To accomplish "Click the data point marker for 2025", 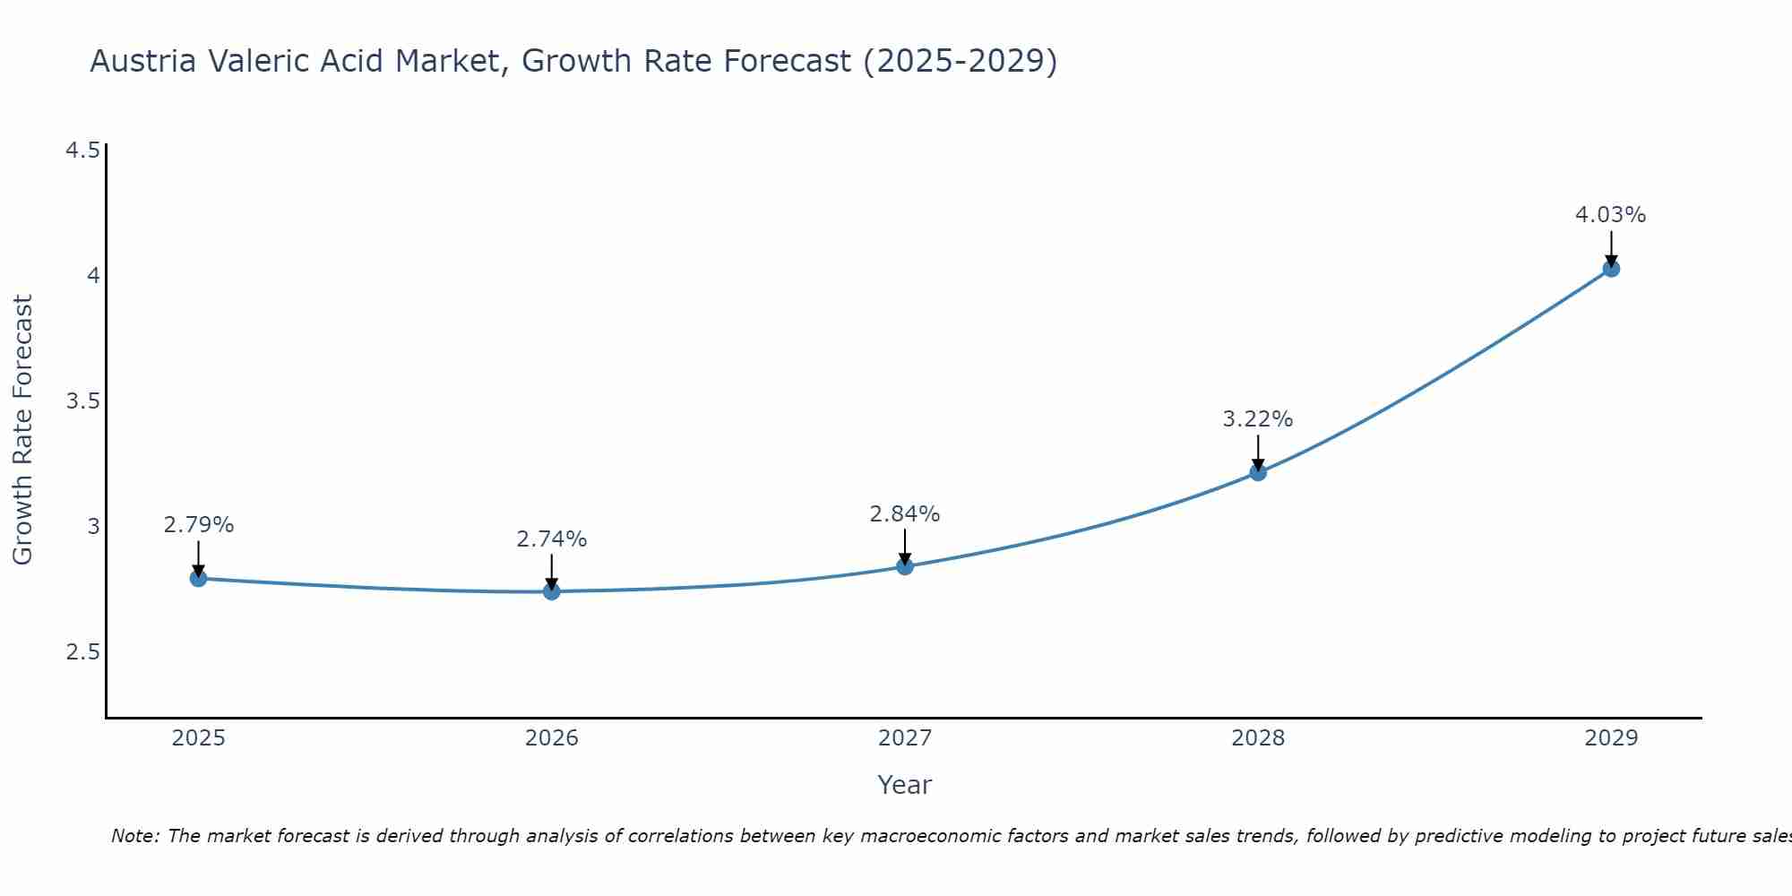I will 199,579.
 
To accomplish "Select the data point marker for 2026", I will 552,591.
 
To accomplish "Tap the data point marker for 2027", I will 905,566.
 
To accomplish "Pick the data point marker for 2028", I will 1258,472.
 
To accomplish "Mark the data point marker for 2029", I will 1611,269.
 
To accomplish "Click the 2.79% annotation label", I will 199,525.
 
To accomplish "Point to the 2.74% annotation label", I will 552,539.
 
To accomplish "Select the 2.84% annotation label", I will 905,514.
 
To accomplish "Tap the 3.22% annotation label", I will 1258,419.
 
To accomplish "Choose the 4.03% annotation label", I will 1611,215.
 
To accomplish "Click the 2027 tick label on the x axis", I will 905,738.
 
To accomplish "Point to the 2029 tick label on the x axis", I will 1611,738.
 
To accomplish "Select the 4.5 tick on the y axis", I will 82,150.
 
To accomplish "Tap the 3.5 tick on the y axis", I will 82,401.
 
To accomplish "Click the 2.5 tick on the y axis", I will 82,651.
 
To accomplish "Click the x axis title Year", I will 905,785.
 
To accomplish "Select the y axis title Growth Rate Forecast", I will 23,430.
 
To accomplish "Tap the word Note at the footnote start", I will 134,836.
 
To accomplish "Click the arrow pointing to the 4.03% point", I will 1611,247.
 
